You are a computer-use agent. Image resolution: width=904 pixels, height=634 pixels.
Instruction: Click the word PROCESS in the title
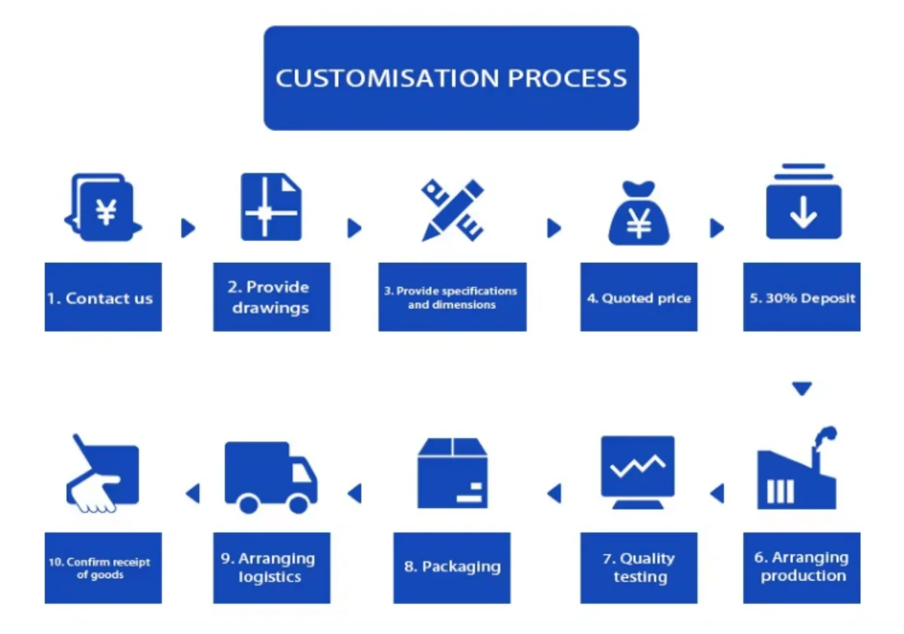coord(567,78)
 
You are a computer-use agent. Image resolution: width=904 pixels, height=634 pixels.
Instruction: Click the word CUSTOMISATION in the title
coord(387,78)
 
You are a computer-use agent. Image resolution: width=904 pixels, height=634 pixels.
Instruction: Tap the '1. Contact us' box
coord(103,297)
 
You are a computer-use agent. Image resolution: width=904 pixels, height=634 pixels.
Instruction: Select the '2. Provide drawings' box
coord(272,297)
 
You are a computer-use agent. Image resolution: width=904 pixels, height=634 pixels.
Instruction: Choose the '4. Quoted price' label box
coord(639,297)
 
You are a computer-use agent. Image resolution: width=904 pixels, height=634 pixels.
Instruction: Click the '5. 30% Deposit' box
coord(802,297)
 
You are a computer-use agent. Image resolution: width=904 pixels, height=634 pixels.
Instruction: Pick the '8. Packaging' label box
coord(452,568)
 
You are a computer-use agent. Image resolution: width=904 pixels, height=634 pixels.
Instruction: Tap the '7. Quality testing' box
coord(639,568)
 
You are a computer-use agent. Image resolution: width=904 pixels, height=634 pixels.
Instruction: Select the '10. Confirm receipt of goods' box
coord(103,568)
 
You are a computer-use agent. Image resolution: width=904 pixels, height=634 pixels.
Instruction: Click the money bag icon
coord(639,213)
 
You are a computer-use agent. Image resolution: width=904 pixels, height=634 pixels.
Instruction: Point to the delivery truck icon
coord(270,478)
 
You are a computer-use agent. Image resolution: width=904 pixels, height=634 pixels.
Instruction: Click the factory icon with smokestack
coord(797,467)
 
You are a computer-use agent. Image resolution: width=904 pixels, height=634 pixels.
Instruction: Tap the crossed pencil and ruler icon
coord(453,210)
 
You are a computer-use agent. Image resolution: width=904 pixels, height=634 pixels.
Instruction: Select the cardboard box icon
coord(453,473)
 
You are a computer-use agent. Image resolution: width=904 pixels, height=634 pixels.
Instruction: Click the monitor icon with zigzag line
coord(637,473)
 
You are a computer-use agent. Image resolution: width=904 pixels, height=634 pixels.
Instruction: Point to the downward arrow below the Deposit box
coord(802,388)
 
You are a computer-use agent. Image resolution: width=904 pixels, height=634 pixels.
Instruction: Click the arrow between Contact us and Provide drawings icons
coord(188,228)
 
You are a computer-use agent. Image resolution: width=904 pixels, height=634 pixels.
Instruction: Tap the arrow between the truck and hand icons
coord(193,494)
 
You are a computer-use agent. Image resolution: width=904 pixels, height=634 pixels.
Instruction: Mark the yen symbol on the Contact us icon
coord(106,212)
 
